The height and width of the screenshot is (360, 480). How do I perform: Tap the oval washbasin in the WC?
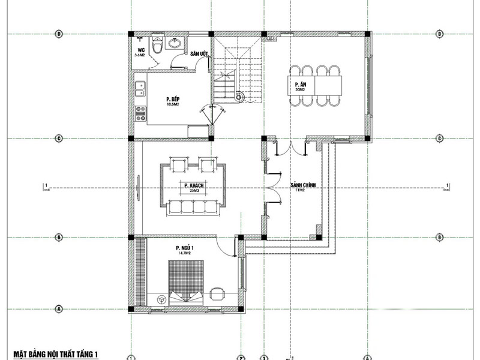175,43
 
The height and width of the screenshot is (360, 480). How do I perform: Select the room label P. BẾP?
173,99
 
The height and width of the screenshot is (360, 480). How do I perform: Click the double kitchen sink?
140,89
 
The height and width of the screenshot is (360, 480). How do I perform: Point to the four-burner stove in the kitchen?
140,113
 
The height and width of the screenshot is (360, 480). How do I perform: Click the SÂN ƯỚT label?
199,54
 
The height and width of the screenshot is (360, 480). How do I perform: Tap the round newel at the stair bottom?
240,95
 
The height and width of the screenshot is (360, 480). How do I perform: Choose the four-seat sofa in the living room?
194,207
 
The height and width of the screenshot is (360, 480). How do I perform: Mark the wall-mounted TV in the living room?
138,186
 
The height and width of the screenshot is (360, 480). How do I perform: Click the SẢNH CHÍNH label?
302,185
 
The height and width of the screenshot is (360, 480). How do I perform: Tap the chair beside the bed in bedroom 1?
216,293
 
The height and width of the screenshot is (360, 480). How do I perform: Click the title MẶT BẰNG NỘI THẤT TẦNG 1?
55,355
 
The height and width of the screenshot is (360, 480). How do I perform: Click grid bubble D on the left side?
59,34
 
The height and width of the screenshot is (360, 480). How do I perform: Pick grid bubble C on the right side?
440,139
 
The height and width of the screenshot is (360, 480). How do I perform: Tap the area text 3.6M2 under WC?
141,55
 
